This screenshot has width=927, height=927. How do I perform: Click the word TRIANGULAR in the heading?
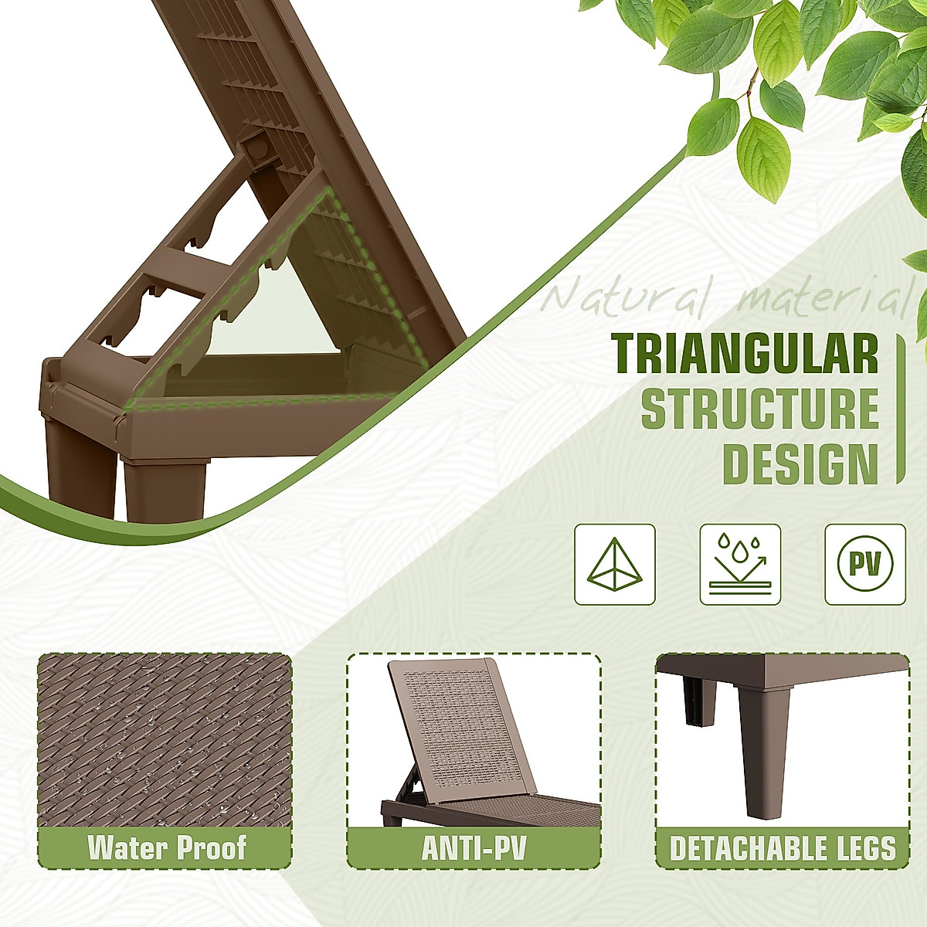(744, 354)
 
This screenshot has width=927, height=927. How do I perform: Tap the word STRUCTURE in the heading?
(759, 409)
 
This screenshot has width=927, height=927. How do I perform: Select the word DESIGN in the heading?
(800, 463)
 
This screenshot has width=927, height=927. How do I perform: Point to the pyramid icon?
(615, 564)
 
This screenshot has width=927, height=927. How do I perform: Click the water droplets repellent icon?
(740, 564)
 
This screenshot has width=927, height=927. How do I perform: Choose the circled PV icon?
(865, 564)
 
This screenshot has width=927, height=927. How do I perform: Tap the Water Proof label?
(166, 847)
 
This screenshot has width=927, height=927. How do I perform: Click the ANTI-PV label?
(474, 847)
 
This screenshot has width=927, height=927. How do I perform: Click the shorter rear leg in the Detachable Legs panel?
(699, 698)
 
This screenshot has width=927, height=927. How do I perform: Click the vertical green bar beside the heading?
(900, 409)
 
